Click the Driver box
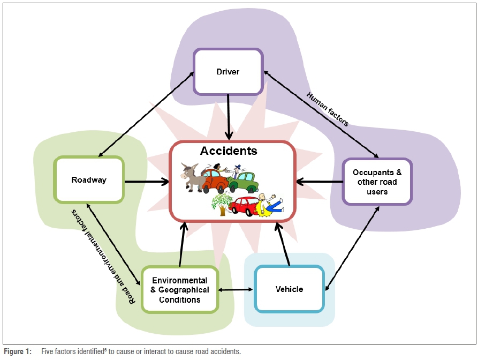(229, 72)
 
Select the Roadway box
(89, 180)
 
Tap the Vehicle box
(289, 289)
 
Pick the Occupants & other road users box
(377, 182)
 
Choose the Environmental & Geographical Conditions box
(180, 290)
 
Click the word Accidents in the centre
(229, 151)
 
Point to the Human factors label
(328, 109)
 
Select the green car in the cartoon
(244, 182)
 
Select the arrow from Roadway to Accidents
(146, 182)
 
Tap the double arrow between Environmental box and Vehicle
(236, 290)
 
